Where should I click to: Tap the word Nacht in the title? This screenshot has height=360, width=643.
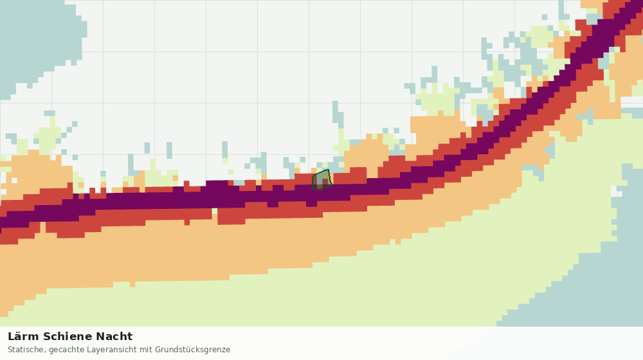114,336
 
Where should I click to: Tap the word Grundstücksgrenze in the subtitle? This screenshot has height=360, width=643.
193,350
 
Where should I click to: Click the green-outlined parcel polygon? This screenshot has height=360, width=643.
322,179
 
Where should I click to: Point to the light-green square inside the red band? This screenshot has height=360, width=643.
215,211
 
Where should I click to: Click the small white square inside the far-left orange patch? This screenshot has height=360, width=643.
15,181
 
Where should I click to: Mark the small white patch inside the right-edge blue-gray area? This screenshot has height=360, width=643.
617,192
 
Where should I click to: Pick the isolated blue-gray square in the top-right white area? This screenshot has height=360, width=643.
544,17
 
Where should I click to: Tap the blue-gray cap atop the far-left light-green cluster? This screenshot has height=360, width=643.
50,113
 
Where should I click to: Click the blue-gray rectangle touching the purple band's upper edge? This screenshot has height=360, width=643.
239,183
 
